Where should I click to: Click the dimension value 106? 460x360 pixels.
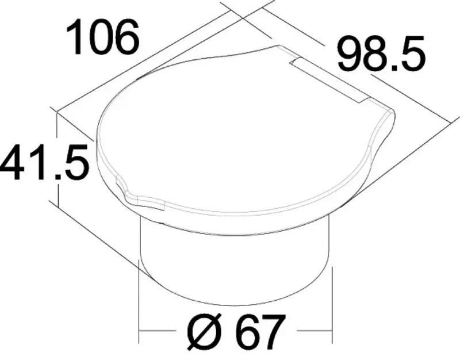pyautogui.click(x=102, y=37)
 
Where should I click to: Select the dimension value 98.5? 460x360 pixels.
pyautogui.click(x=381, y=54)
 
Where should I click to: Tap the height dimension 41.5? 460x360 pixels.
pyautogui.click(x=44, y=162)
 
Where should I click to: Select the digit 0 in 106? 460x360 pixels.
pyautogui.click(x=102, y=37)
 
